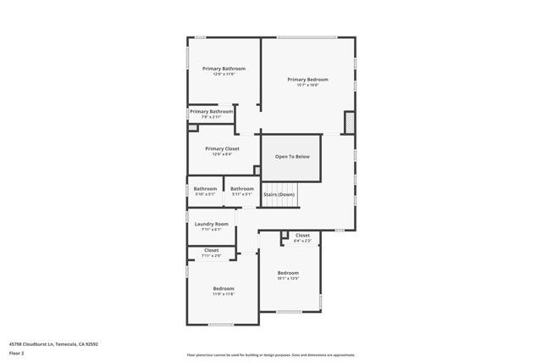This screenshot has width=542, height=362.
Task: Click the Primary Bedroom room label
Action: pos(307,79)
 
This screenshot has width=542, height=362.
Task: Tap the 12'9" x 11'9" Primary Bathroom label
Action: pos(224,68)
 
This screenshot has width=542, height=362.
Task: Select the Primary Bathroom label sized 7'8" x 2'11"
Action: pos(211,111)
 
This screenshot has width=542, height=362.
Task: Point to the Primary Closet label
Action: pos(222,148)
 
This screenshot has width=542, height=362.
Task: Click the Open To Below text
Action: pos(292,157)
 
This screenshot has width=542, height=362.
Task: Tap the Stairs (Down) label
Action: pos(279,195)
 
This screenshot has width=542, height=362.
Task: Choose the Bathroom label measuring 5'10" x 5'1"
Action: pos(205,188)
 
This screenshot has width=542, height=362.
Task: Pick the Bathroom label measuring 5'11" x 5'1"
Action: pos(242,188)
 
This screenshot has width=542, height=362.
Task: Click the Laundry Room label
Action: pos(211,224)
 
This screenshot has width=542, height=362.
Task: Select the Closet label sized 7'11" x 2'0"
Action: pos(211,250)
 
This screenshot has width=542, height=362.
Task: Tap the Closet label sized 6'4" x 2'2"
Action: pos(302,235)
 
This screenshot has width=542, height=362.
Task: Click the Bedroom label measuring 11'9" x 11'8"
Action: pos(223,289)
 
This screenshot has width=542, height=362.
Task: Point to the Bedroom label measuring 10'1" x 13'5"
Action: pos(288,272)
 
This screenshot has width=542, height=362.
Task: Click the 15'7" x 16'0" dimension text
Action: pos(307,85)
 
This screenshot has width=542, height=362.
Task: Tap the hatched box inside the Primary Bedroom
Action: pos(348,123)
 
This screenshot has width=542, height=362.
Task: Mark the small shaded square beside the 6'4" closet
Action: pos(285,235)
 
